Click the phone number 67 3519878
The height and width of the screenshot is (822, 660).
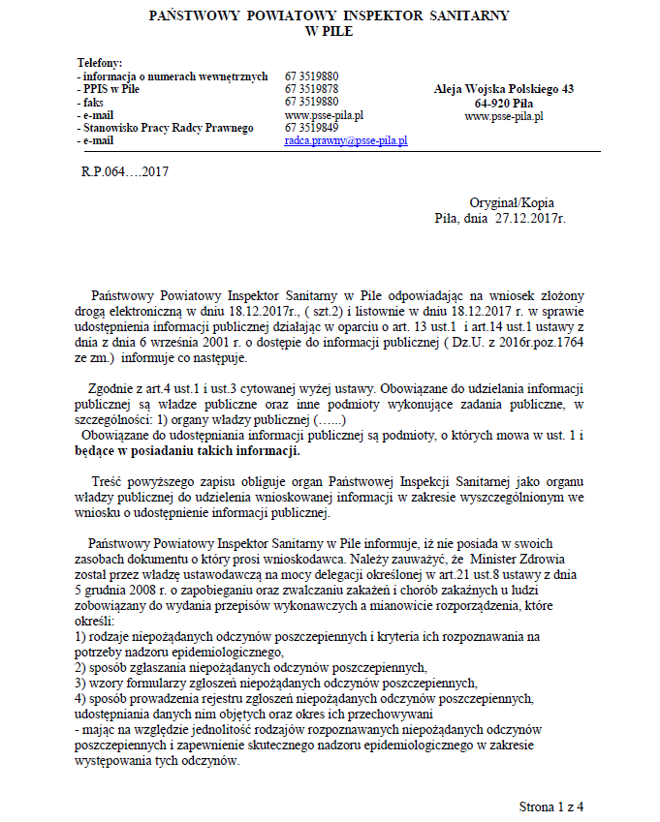pyautogui.click(x=312, y=88)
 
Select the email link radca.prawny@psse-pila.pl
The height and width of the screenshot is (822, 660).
pyautogui.click(x=346, y=140)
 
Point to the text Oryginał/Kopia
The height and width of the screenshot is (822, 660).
pyautogui.click(x=512, y=203)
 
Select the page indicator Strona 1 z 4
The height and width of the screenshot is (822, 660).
pyautogui.click(x=551, y=806)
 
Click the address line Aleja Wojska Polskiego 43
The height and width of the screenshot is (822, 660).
pyautogui.click(x=504, y=89)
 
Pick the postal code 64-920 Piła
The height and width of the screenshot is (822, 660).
pyautogui.click(x=504, y=103)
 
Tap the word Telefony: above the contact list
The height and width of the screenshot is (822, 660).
pyautogui.click(x=99, y=63)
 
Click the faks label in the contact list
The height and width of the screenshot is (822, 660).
pyautogui.click(x=94, y=102)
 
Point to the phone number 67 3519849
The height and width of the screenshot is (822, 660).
pyautogui.click(x=312, y=128)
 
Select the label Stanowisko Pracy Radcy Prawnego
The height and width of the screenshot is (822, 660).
pyautogui.click(x=168, y=128)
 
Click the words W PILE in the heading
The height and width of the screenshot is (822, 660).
pyautogui.click(x=329, y=32)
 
